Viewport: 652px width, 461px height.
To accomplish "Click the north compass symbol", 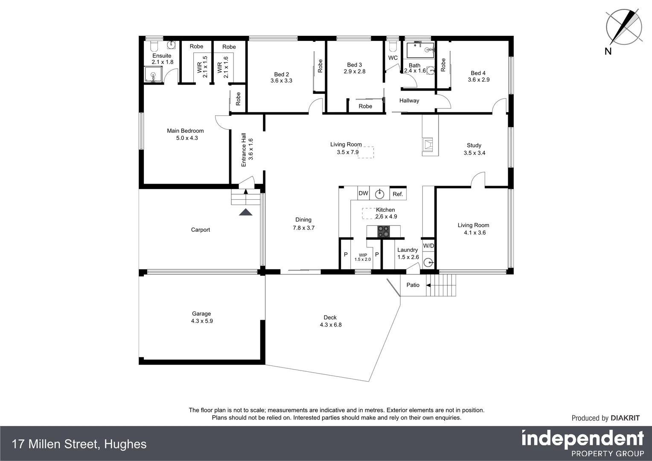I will [623, 27].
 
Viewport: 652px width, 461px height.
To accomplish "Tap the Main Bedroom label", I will [185, 131].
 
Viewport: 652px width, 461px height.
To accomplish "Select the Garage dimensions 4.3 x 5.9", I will [202, 321].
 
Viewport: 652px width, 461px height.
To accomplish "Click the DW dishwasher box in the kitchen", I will [363, 193].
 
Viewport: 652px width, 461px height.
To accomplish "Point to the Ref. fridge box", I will [398, 194].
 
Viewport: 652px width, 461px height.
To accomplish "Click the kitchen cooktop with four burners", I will [383, 231].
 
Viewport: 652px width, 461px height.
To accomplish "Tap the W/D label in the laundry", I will [428, 246].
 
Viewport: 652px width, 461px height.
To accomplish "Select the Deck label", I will [330, 318].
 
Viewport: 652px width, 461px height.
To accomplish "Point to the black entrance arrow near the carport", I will [246, 212].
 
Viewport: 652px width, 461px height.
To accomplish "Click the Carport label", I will [201, 230].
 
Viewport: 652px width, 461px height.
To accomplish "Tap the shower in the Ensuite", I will [153, 75].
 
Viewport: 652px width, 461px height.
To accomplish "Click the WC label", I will [393, 58].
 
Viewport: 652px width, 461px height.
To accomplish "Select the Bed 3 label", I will [355, 65].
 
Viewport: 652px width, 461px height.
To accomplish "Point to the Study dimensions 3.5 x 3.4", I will [474, 153].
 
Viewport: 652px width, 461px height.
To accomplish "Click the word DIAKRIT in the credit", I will [625, 418].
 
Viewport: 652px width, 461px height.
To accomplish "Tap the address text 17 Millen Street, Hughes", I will [79, 444].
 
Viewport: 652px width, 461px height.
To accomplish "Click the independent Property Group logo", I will [582, 444].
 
